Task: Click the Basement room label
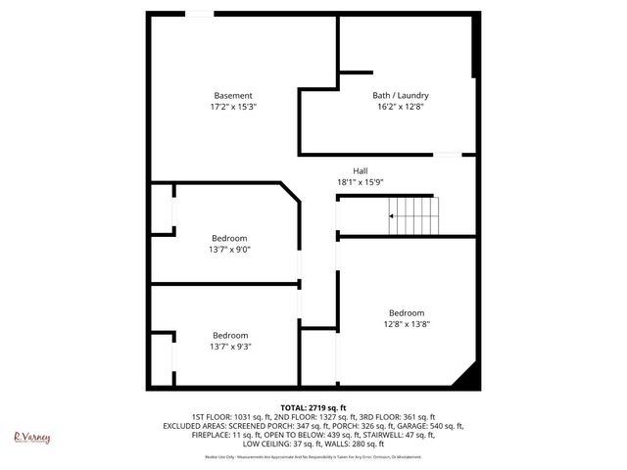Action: pos(233,95)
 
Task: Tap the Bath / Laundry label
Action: pos(400,95)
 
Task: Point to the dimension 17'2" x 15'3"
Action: pos(233,106)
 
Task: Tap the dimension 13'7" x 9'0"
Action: pos(229,249)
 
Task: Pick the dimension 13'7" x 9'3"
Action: pos(229,346)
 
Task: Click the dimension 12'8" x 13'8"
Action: pos(406,324)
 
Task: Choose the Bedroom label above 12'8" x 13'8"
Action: pos(406,313)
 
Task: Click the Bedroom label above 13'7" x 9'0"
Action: pos(229,238)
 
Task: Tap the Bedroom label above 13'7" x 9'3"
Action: pos(229,335)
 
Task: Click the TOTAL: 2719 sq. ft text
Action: pos(313,406)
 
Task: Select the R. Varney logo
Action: pos(31,438)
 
